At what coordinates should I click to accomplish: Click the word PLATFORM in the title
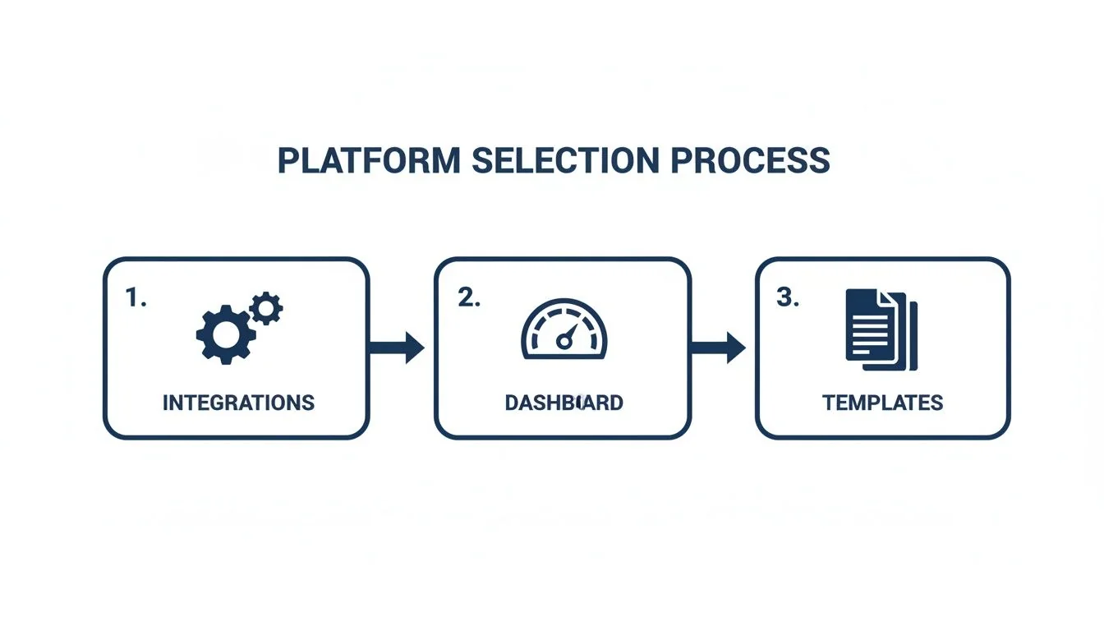[x=369, y=160]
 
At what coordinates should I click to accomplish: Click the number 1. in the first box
[x=136, y=299]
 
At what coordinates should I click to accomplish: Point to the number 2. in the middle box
[x=468, y=299]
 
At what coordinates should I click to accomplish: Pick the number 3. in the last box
[x=787, y=299]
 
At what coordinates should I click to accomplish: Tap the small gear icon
[x=265, y=308]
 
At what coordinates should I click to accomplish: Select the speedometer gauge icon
[x=563, y=329]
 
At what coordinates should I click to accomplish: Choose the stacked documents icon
[x=881, y=329]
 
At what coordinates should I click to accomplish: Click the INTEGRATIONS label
[x=238, y=403]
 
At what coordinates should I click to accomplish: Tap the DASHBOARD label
[x=563, y=403]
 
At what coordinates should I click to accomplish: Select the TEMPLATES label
[x=882, y=403]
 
